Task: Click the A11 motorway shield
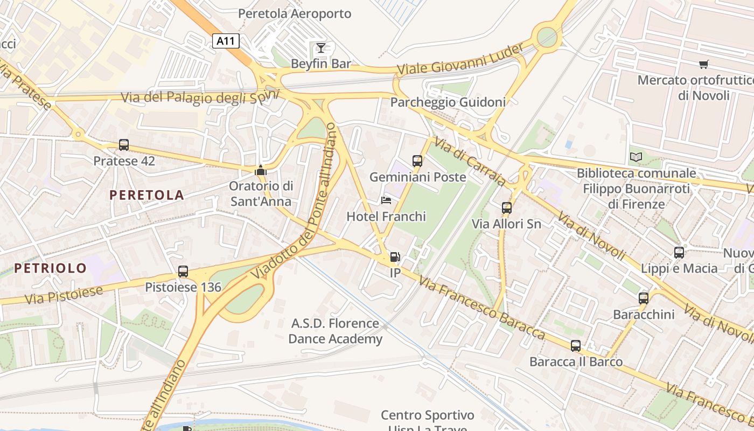[226, 41]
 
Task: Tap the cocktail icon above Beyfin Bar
[321, 47]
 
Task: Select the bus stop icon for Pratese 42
[124, 144]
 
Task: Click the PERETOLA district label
[147, 195]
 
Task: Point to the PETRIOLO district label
[51, 268]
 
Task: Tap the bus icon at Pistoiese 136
[183, 271]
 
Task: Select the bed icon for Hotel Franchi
[386, 200]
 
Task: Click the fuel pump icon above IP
[395, 257]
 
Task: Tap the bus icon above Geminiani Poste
[417, 161]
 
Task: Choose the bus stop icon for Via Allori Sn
[506, 207]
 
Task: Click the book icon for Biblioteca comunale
[636, 157]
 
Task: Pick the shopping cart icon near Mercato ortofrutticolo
[703, 65]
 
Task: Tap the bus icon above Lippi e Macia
[679, 252]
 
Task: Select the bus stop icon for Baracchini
[644, 298]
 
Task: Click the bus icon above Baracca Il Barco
[576, 345]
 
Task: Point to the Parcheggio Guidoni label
[448, 102]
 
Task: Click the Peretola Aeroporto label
[295, 13]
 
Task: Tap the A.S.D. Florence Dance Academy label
[336, 331]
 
